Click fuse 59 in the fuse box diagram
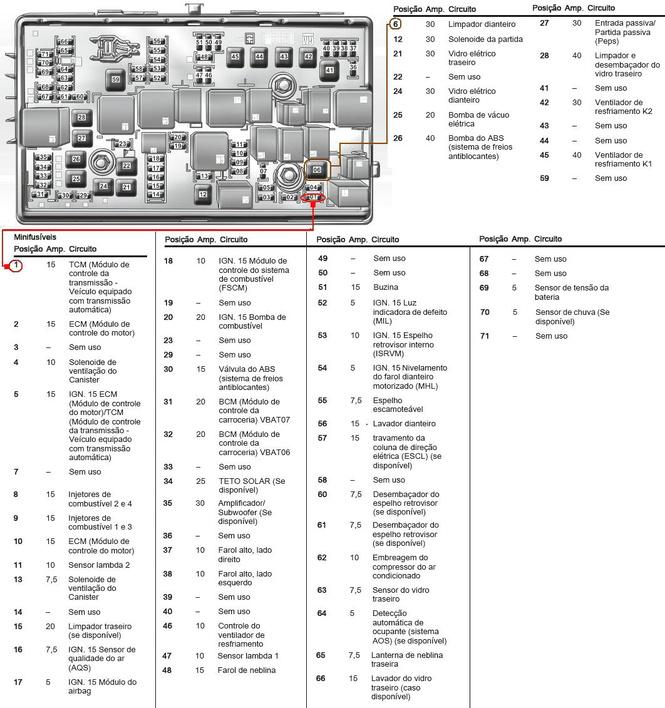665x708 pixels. click(x=116, y=80)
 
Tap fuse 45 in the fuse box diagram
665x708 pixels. click(x=235, y=56)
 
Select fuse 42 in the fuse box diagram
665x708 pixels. click(x=308, y=56)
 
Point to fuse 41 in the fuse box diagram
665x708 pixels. click(x=330, y=70)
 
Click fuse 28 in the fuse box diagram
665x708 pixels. click(x=81, y=117)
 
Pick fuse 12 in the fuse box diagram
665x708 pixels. click(x=203, y=194)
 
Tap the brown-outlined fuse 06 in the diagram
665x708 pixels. click(x=317, y=170)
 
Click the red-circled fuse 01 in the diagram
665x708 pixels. click(x=314, y=198)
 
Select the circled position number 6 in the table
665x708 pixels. click(x=395, y=24)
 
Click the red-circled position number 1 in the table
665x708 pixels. click(x=16, y=265)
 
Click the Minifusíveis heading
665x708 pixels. click(x=35, y=237)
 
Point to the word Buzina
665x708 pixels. click(x=385, y=287)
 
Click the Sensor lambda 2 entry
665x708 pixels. click(x=99, y=565)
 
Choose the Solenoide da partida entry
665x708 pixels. click(x=485, y=39)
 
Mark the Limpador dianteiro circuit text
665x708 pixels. click(x=482, y=24)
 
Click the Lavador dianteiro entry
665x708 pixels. click(x=404, y=424)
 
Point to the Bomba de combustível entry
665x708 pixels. click(x=252, y=321)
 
